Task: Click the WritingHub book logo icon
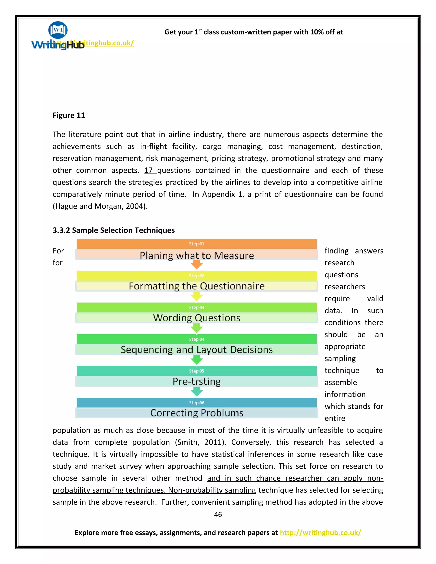pos(58,30)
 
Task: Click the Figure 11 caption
pos(69,115)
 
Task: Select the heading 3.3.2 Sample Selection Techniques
pos(114,230)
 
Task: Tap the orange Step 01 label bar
pos(196,244)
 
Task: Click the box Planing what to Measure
pos(196,255)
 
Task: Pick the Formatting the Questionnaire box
pos(196,286)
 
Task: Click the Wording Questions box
pos(196,318)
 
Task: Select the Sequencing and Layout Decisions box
pos(196,350)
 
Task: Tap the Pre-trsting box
pos(196,381)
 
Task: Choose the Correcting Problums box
pos(196,413)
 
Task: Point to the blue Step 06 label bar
pos(196,403)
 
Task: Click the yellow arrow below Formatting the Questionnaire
pos(196,296)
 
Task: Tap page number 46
pos(218,514)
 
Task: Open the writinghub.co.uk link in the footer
pos(320,533)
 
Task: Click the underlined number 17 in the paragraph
pos(149,170)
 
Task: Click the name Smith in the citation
pos(188,442)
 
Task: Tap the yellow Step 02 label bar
pos(196,276)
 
